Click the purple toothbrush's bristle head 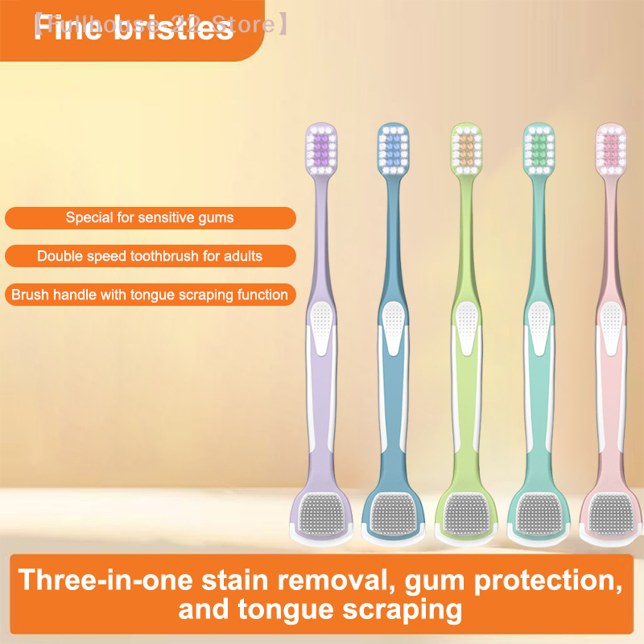point(321,151)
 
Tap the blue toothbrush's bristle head point(392,151)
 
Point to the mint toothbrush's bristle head point(535,151)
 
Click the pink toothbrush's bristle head point(609,151)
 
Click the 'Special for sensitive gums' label point(150,217)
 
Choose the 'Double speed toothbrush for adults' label point(150,256)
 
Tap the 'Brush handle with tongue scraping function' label point(150,295)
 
